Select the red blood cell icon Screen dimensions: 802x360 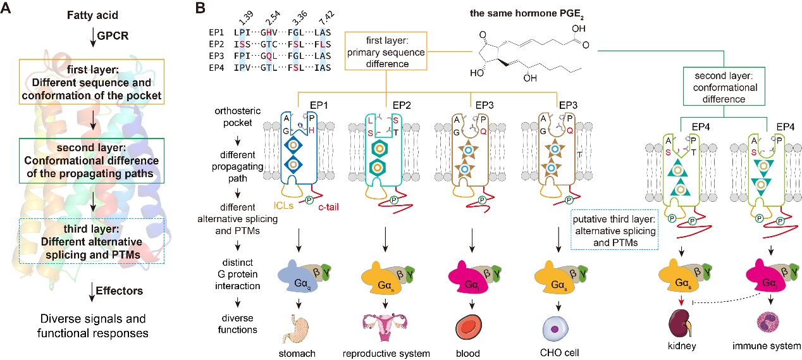pyautogui.click(x=469, y=327)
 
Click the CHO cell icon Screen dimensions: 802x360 pyautogui.click(x=555, y=328)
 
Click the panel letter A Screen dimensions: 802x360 pyautogui.click(x=6, y=8)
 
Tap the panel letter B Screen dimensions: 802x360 pyautogui.click(x=200, y=8)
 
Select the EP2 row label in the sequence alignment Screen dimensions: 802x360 pyautogui.click(x=216, y=44)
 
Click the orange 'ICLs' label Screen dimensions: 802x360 pyautogui.click(x=283, y=206)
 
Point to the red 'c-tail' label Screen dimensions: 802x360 pyautogui.click(x=328, y=207)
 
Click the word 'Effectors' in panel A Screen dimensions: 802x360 pyautogui.click(x=120, y=290)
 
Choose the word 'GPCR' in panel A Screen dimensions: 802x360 pyautogui.click(x=113, y=36)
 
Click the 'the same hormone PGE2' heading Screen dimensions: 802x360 pyautogui.click(x=526, y=14)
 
